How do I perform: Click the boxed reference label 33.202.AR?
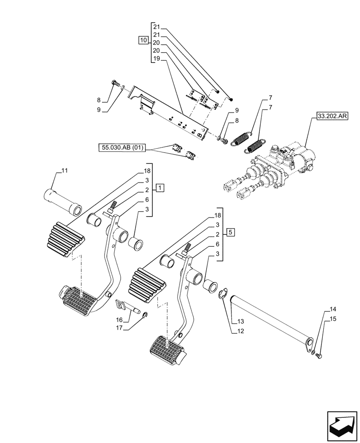[x=333, y=117]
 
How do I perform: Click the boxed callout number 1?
[x=160, y=188]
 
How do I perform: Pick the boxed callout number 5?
[x=232, y=232]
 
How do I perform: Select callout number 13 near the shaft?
[x=240, y=320]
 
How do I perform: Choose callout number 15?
[x=333, y=318]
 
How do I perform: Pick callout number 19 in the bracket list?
[x=156, y=59]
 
